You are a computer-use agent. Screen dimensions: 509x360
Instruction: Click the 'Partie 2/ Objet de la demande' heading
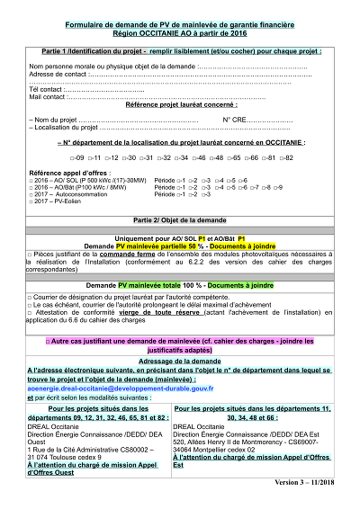[180, 219]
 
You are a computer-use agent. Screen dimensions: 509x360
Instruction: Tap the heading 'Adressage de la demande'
[180, 360]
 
